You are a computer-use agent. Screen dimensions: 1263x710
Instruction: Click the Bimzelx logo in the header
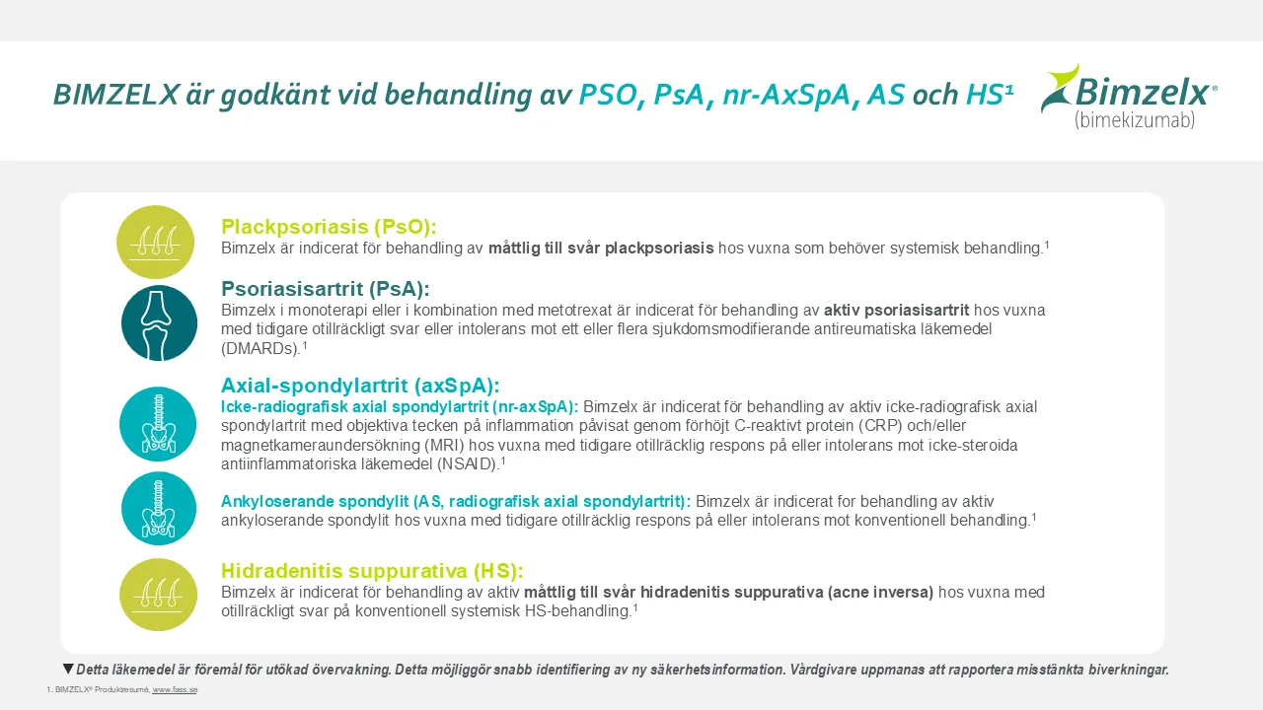[x=1129, y=97]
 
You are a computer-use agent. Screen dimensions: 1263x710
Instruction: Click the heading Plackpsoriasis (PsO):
[x=329, y=227]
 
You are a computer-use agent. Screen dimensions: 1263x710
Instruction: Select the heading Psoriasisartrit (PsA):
[x=326, y=289]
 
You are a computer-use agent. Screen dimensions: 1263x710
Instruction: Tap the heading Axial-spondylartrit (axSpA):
[x=360, y=386]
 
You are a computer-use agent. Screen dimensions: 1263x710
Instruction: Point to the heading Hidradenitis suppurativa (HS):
[x=372, y=571]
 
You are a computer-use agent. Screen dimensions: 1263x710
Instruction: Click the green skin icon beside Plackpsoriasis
[x=156, y=242]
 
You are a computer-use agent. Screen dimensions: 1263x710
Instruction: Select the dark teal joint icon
[x=159, y=322]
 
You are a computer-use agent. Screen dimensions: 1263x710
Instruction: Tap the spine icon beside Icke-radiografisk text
[x=158, y=424]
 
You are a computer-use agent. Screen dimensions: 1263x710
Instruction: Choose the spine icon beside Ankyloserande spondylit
[x=159, y=508]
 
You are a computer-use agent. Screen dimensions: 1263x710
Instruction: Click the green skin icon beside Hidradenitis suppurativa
[x=159, y=595]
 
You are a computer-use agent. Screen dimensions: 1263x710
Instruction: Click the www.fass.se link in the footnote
[x=175, y=689]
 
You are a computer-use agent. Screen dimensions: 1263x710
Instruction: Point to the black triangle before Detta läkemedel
[x=68, y=669]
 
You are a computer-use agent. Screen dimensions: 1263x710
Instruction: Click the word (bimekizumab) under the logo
[x=1135, y=120]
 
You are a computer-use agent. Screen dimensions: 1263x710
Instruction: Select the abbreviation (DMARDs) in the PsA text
[x=260, y=349]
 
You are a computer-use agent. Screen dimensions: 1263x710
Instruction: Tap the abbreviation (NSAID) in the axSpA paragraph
[x=469, y=464]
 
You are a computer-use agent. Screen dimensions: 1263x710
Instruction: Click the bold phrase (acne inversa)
[x=881, y=593]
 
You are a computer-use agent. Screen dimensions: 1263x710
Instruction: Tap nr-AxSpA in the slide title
[x=785, y=95]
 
